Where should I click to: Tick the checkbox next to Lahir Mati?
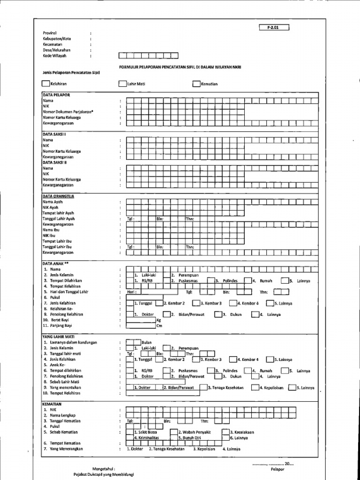pos(123,84)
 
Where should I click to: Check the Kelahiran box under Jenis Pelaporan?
pos(45,84)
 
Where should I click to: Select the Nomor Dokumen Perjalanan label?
pos(68,112)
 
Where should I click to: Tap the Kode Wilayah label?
pos(54,55)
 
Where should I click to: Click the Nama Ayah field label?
pos(52,202)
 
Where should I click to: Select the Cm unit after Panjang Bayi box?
pos(159,325)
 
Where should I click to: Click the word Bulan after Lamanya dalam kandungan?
pos(146,342)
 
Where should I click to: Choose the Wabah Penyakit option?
pos(195,432)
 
